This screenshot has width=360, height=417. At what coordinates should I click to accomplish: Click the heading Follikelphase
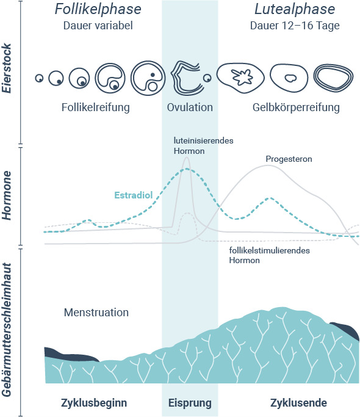coord(98,9)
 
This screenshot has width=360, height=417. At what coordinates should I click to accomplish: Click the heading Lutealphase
coord(295,9)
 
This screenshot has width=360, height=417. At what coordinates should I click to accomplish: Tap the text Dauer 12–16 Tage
coord(295,26)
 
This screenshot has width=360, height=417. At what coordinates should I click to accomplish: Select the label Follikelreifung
coord(96,107)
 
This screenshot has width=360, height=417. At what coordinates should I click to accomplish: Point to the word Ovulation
coord(190,107)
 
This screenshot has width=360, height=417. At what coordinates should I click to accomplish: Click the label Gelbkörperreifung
coord(296,107)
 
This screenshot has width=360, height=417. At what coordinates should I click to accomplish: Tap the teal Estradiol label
coord(134,195)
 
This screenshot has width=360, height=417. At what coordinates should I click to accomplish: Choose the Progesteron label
coord(289,159)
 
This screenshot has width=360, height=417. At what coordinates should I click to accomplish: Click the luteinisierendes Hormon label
coord(203,146)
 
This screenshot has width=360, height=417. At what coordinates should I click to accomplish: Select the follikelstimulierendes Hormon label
coord(269,255)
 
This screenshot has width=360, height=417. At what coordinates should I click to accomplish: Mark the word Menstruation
coord(96,313)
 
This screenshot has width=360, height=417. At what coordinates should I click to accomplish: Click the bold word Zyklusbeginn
coord(94,403)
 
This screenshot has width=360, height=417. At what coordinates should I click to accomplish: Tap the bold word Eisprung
coord(190,403)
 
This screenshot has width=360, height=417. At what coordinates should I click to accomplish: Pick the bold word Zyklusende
coord(298,403)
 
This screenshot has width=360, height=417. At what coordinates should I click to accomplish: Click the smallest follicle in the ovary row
coord(39,78)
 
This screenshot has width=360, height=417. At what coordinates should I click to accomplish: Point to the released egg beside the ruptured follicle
coord(207,78)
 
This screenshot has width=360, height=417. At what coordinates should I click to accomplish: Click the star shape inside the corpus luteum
coord(242,77)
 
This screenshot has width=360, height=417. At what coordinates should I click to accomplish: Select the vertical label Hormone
coord(7,195)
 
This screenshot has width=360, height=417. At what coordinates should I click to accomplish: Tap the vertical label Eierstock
coord(7,68)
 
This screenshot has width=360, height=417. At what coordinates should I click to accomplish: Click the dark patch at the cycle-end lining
coord(345,330)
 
